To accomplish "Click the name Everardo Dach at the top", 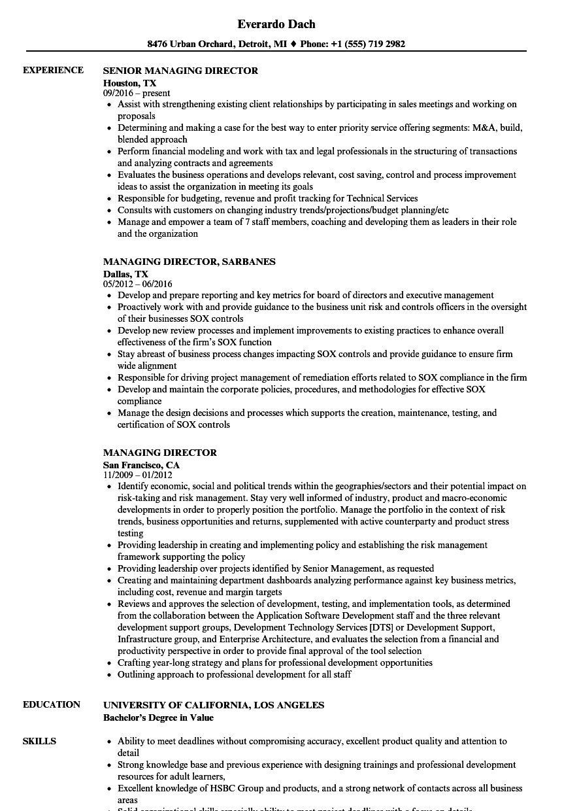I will [x=276, y=24].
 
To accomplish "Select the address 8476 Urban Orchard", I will [x=190, y=44].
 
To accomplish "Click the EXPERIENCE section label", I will [x=53, y=70].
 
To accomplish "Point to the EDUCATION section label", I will [x=52, y=704].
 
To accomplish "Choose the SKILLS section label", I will [x=39, y=741].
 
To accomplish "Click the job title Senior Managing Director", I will [x=180, y=71].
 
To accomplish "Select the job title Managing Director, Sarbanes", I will [x=189, y=262].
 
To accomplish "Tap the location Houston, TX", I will [x=129, y=83].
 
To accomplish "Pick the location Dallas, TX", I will [x=125, y=274].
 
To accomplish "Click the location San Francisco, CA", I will [x=141, y=465].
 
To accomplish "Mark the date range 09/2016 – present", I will [x=137, y=94].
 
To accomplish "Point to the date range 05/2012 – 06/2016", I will [x=137, y=285].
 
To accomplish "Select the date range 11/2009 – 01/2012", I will [x=137, y=475].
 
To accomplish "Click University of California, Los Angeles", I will [x=213, y=705].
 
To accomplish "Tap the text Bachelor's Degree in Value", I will [x=158, y=717].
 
